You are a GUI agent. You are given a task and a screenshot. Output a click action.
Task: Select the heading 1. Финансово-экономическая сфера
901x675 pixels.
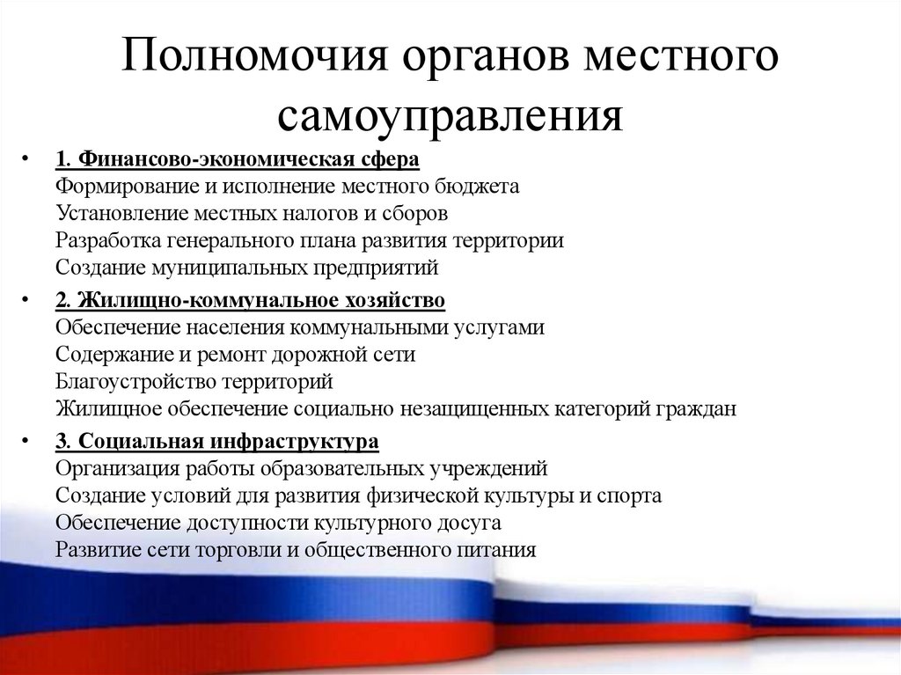(237, 159)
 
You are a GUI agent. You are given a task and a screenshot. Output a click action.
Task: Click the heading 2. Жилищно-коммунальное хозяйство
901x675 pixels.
(250, 301)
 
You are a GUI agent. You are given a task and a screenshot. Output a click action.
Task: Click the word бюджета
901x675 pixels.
(478, 187)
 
